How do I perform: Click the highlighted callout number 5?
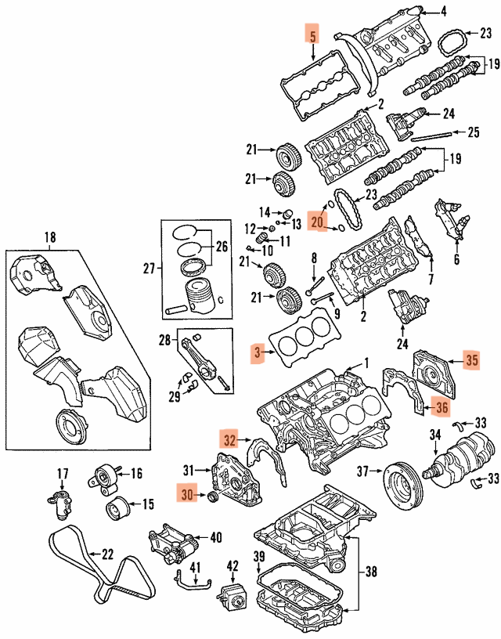tap(312, 35)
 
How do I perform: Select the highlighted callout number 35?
tap(470, 361)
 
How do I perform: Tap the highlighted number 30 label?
tap(186, 495)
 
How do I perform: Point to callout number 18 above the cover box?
tap(50, 237)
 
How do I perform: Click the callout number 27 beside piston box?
tap(150, 269)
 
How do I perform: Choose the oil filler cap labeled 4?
tap(420, 11)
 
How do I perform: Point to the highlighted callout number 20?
tap(316, 222)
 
